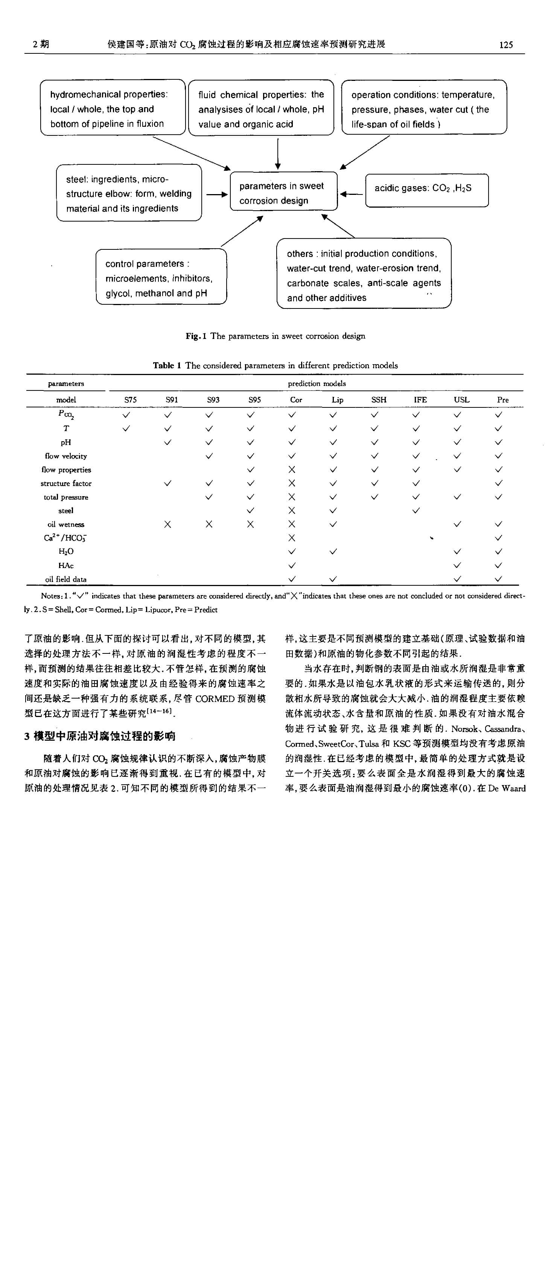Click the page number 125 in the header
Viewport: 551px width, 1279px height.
[505, 45]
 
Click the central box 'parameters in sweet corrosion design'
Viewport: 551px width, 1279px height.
[283, 192]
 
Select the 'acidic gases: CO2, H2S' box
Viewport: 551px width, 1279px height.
[426, 190]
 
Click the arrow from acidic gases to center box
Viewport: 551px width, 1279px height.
[351, 194]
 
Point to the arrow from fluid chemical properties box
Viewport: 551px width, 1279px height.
[278, 153]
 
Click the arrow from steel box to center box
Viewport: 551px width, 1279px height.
[217, 194]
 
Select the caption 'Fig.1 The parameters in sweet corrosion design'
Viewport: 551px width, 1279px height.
[275, 336]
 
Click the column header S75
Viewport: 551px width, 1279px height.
[130, 399]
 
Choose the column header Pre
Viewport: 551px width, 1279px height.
[502, 399]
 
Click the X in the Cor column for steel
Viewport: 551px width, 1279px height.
[292, 510]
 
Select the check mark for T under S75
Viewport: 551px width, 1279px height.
[126, 428]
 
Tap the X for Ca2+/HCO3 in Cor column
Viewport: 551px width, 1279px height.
[292, 538]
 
